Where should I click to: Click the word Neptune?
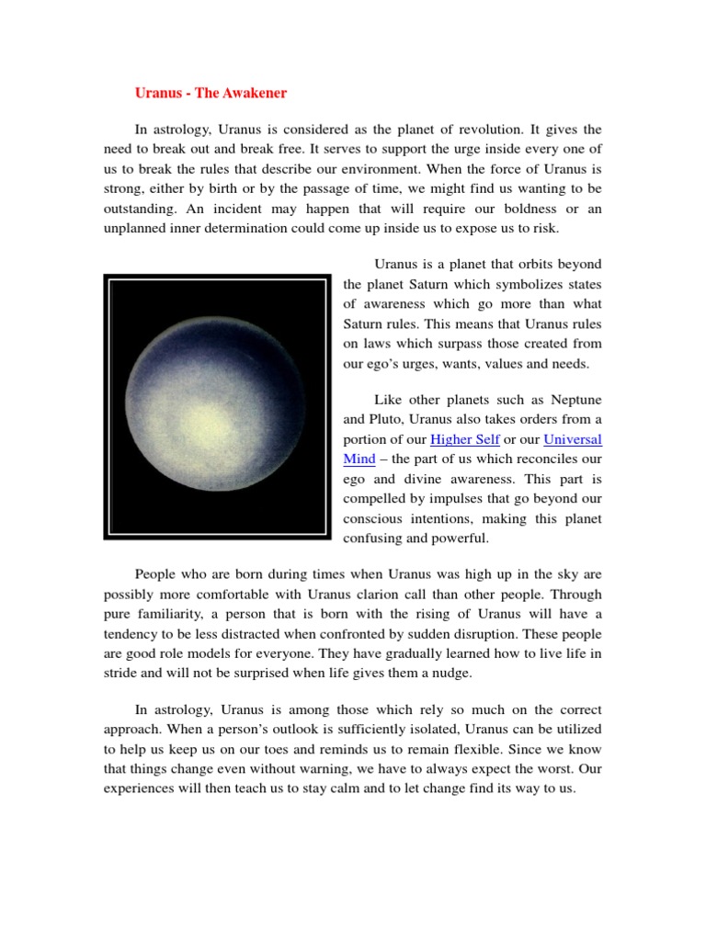[575, 400]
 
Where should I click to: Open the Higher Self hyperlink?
[464, 440]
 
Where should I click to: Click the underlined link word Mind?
[359, 459]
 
